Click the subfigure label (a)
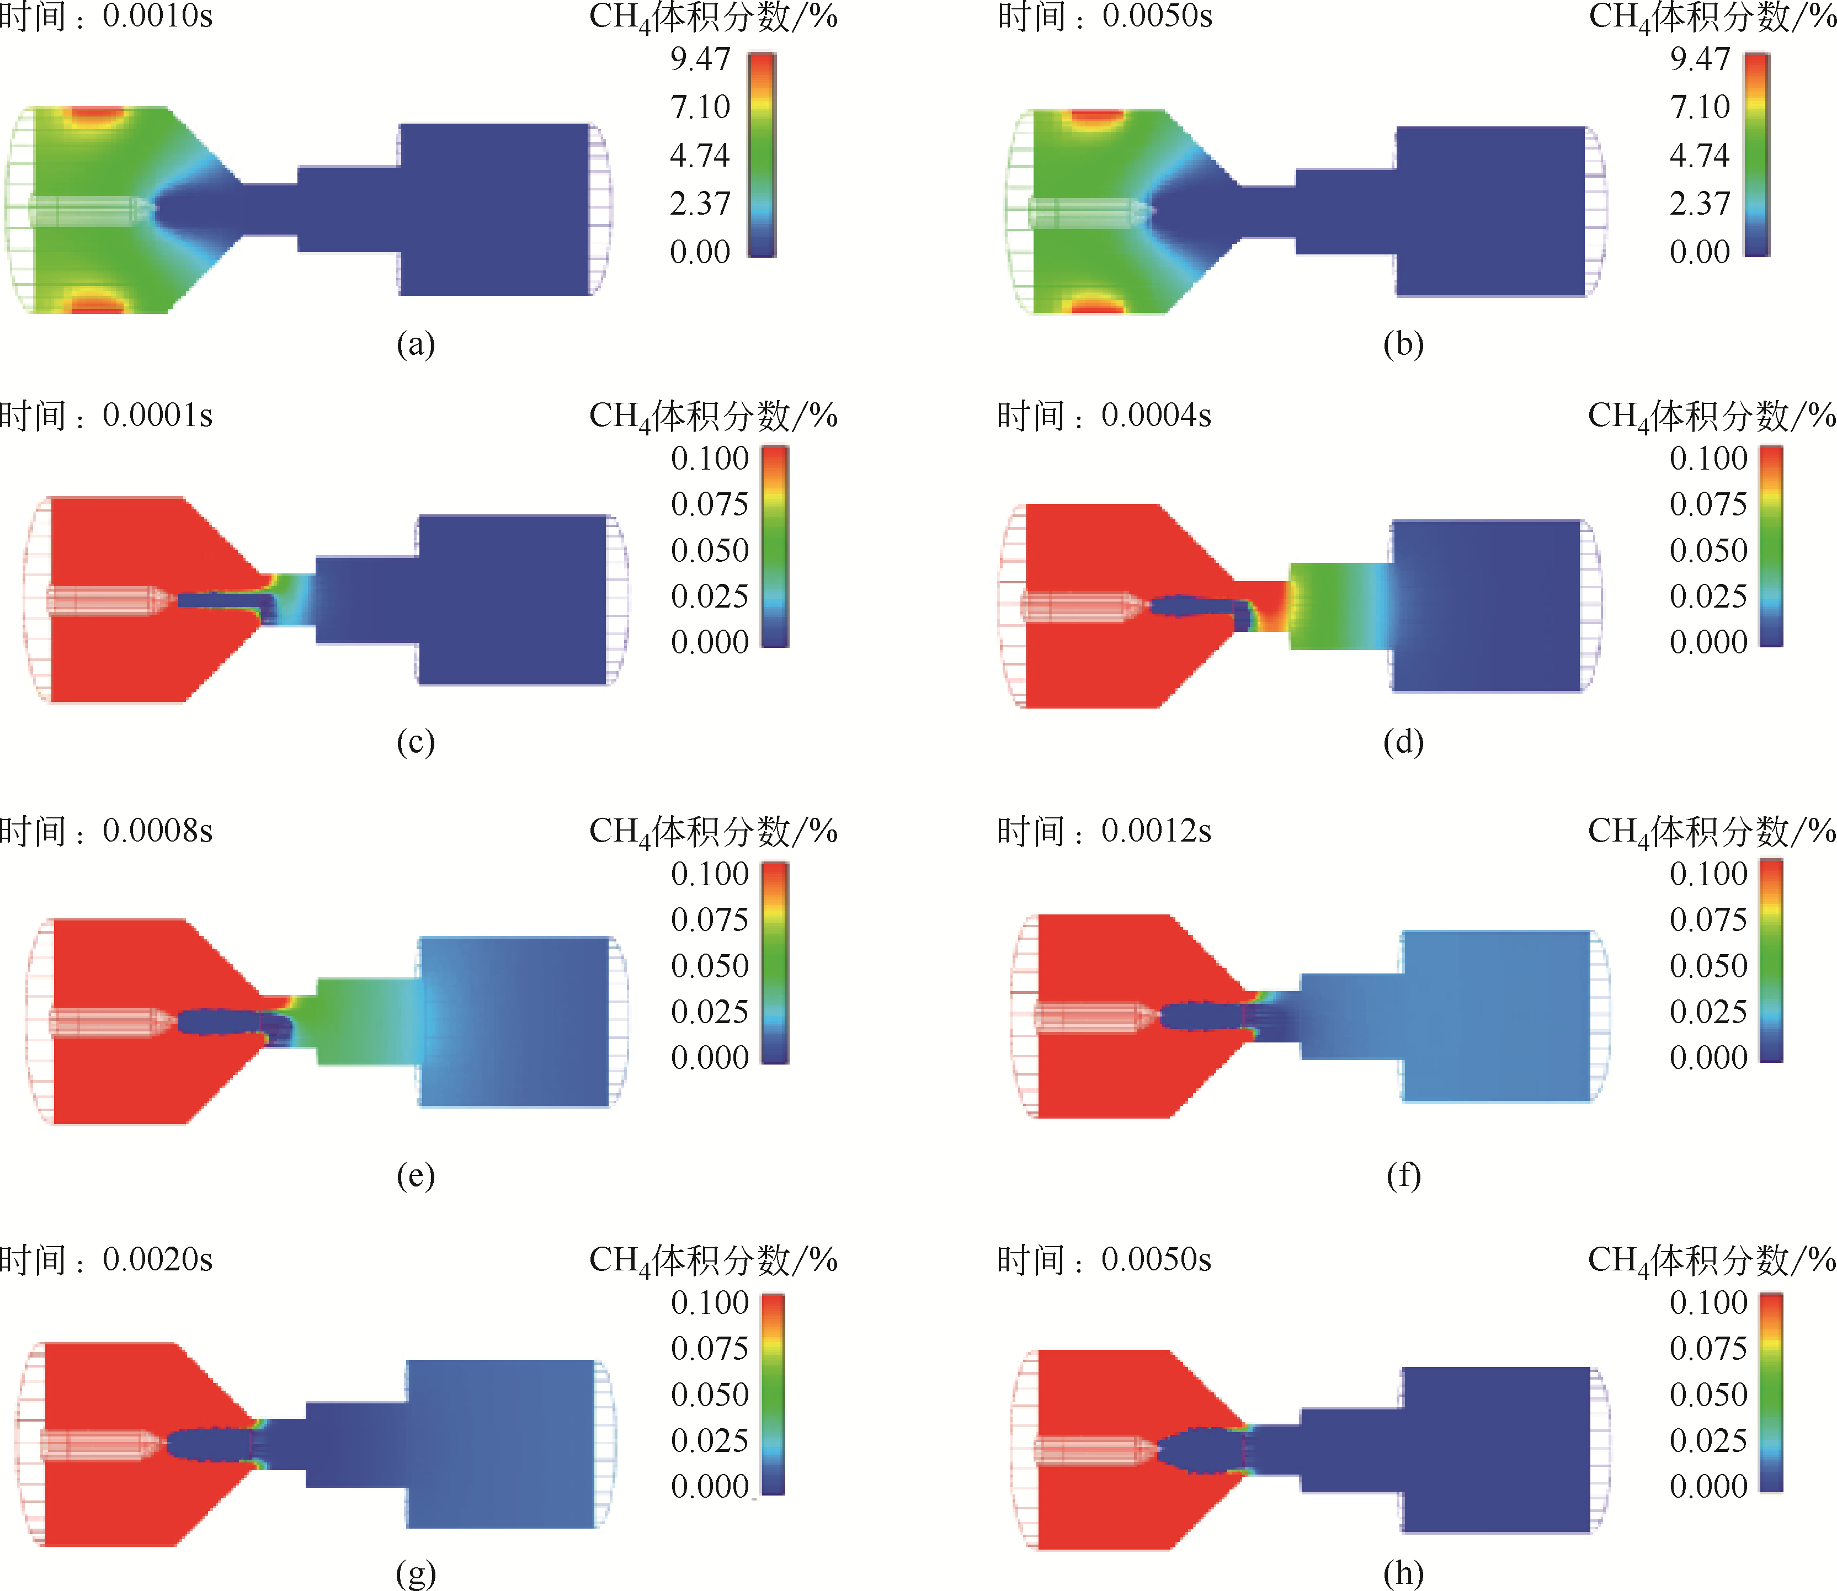point(416,344)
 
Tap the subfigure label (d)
point(1403,741)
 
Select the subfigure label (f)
point(1403,1175)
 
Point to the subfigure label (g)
point(416,1573)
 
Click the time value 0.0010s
point(157,16)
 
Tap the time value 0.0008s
point(157,830)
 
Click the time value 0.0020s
point(157,1259)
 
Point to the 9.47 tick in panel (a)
point(700,58)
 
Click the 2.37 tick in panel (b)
point(1700,203)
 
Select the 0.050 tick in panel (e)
point(710,965)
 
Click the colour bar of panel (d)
point(1771,545)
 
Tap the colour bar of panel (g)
point(773,1394)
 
